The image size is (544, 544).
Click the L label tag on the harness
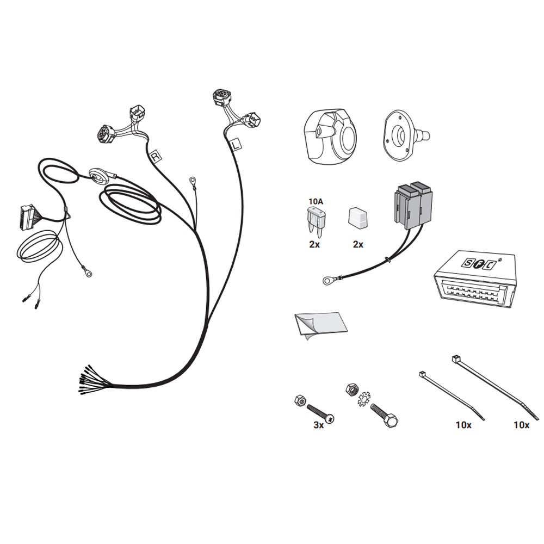tap(236, 145)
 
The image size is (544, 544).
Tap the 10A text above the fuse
tap(316, 201)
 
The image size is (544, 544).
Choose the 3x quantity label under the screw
tap(318, 425)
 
